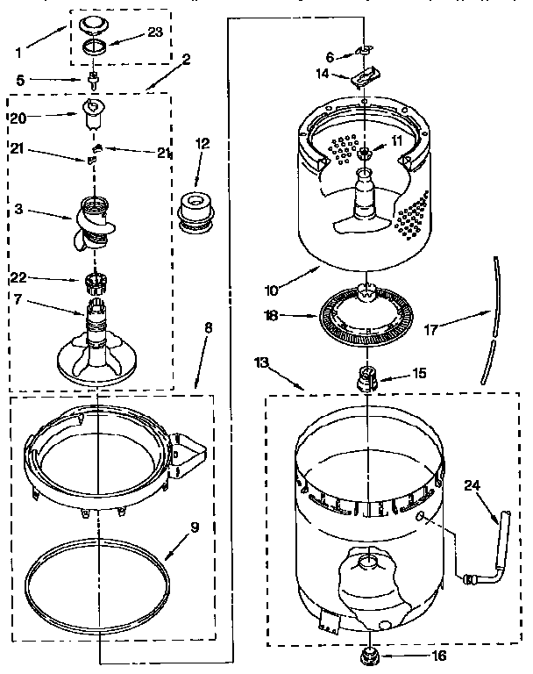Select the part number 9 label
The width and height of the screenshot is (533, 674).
[194, 527]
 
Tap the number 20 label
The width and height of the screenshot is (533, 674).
[19, 117]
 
